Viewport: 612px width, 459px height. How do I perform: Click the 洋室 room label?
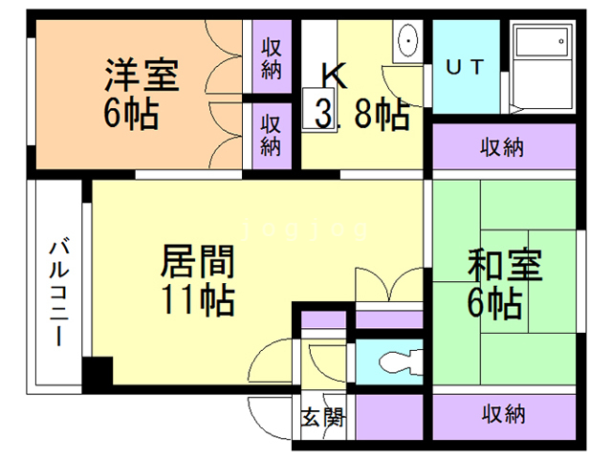pos(142,75)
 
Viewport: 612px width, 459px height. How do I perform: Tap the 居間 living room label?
pos(198,261)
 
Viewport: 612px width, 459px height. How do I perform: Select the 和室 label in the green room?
pos(505,265)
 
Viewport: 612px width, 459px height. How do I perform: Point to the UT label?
pos(465,67)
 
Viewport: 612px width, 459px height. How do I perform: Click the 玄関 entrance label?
pos(323,417)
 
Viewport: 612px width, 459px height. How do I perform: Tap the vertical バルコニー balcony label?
pos(59,294)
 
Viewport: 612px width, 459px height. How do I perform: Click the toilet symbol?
pos(401,362)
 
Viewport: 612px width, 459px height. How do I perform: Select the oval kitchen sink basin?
pos(408,40)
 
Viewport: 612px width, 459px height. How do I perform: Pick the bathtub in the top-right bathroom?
pos(542,67)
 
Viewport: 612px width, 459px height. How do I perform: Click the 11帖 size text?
pos(198,299)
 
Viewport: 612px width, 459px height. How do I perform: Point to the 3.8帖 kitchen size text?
pos(361,114)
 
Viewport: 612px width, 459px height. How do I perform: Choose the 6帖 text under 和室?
pos(495,302)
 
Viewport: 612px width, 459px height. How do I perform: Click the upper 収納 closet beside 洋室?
pos(272,58)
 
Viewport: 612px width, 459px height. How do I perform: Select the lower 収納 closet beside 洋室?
pos(272,136)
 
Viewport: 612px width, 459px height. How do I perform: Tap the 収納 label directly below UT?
pos(501,147)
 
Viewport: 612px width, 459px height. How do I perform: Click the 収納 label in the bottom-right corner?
pos(503,414)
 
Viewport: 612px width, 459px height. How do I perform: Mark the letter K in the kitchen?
pos(334,76)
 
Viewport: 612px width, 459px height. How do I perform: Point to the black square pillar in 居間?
pos(98,370)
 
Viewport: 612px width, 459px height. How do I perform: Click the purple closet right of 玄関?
pos(389,417)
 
